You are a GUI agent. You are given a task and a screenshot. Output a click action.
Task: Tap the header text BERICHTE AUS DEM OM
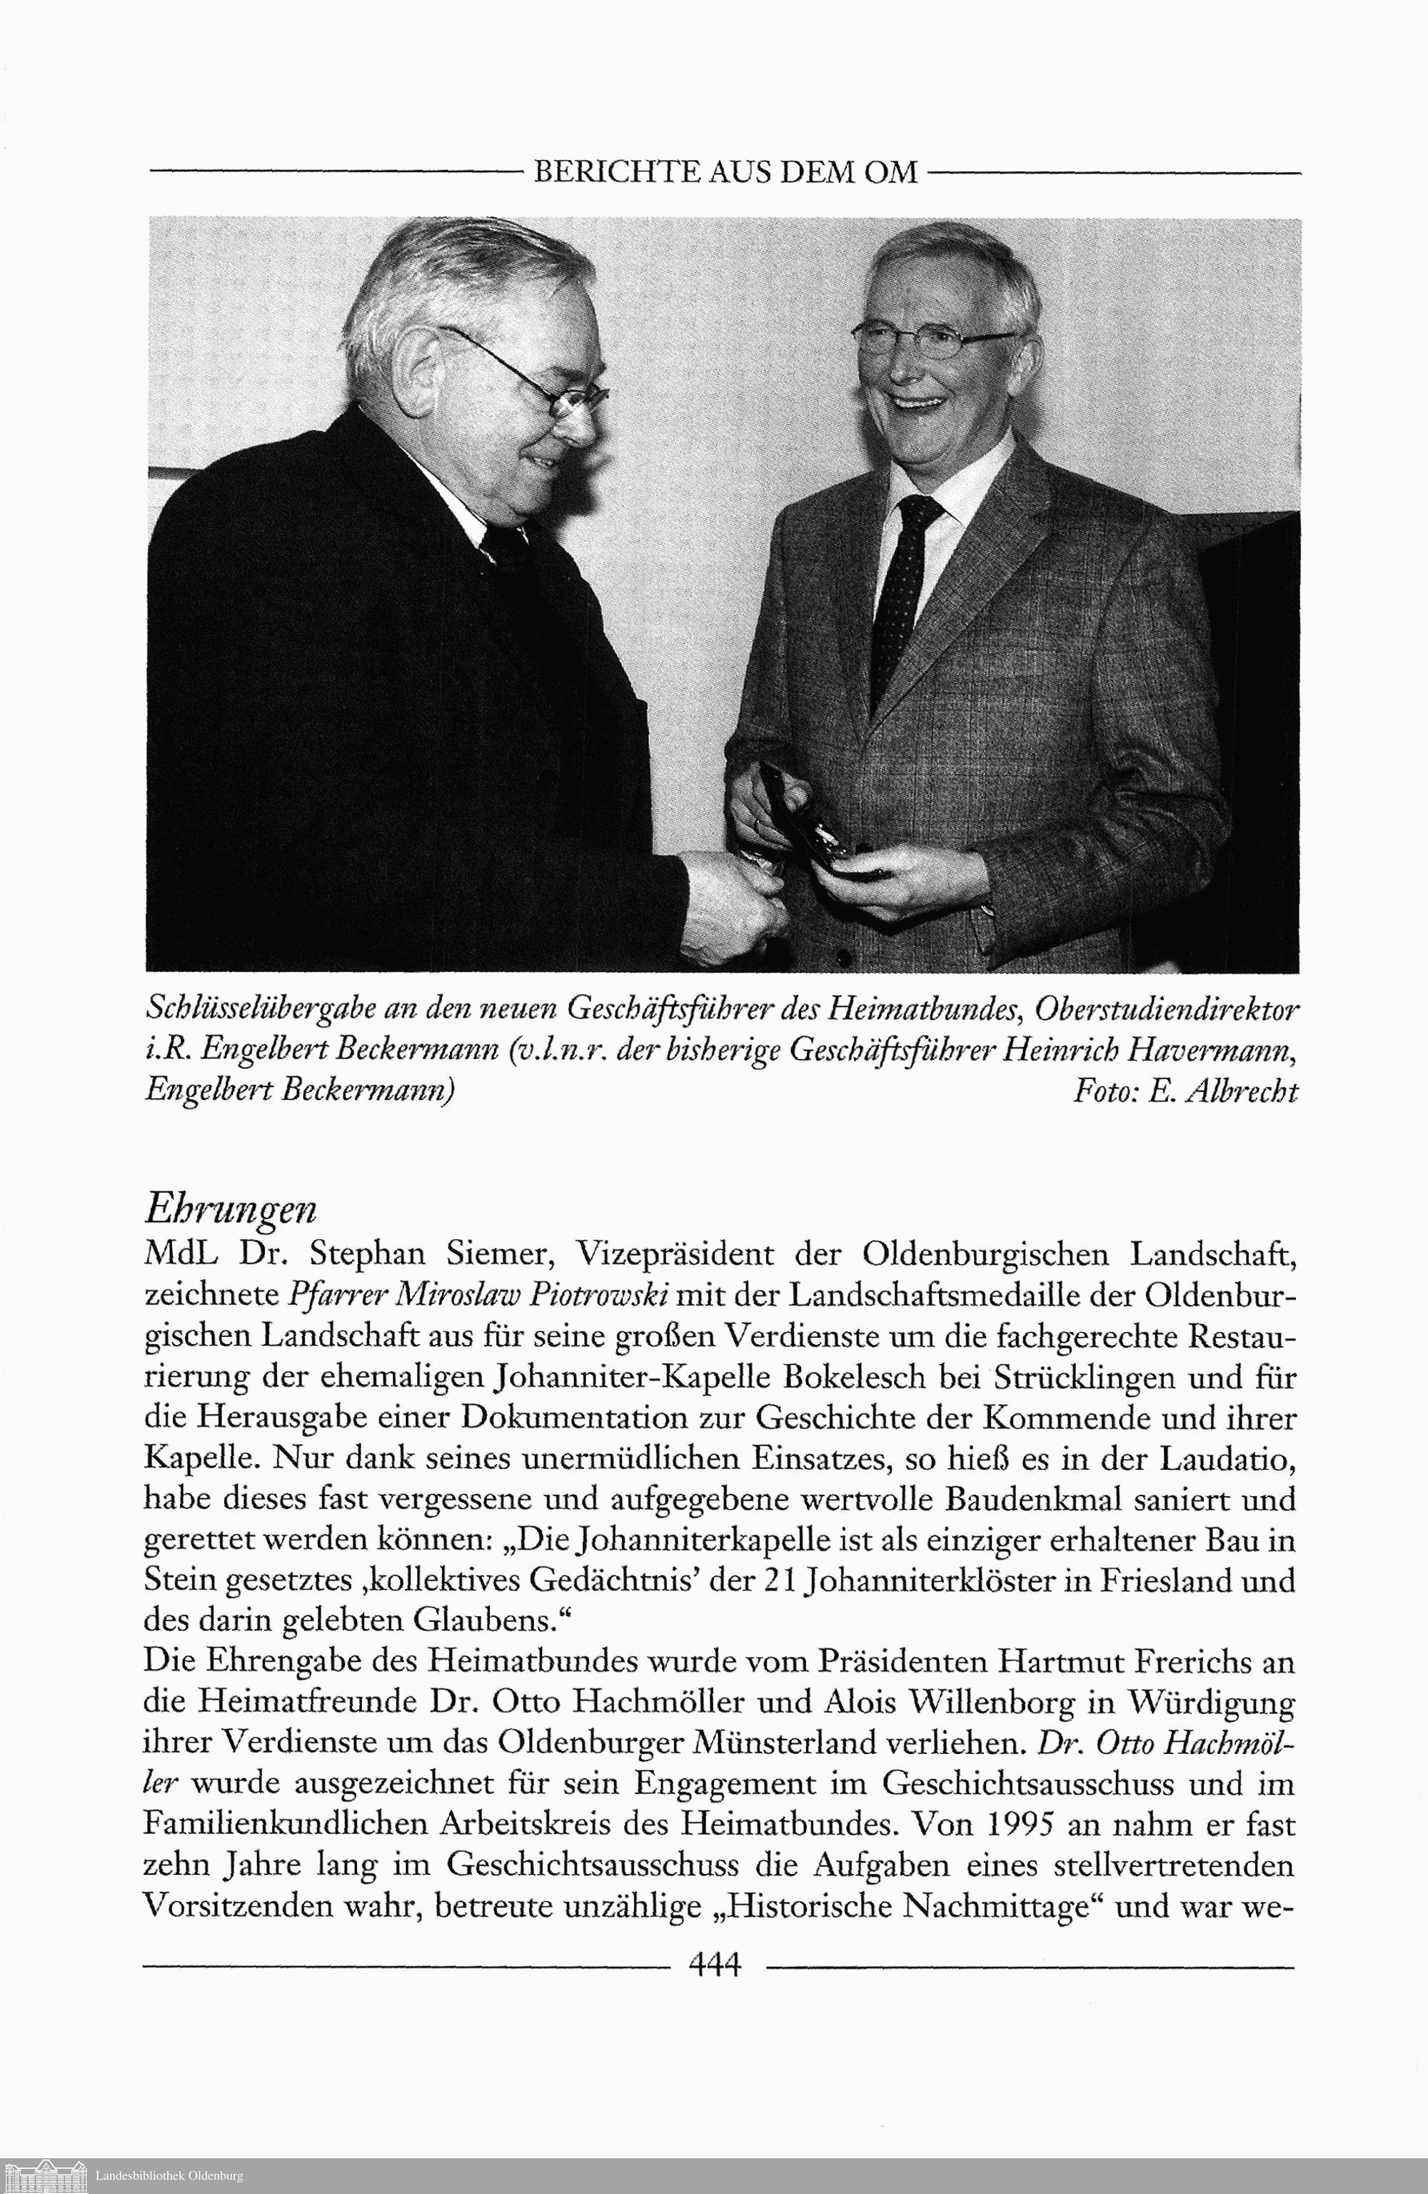[x=725, y=172]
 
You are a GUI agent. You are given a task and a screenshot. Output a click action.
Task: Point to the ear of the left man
[x=419, y=369]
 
